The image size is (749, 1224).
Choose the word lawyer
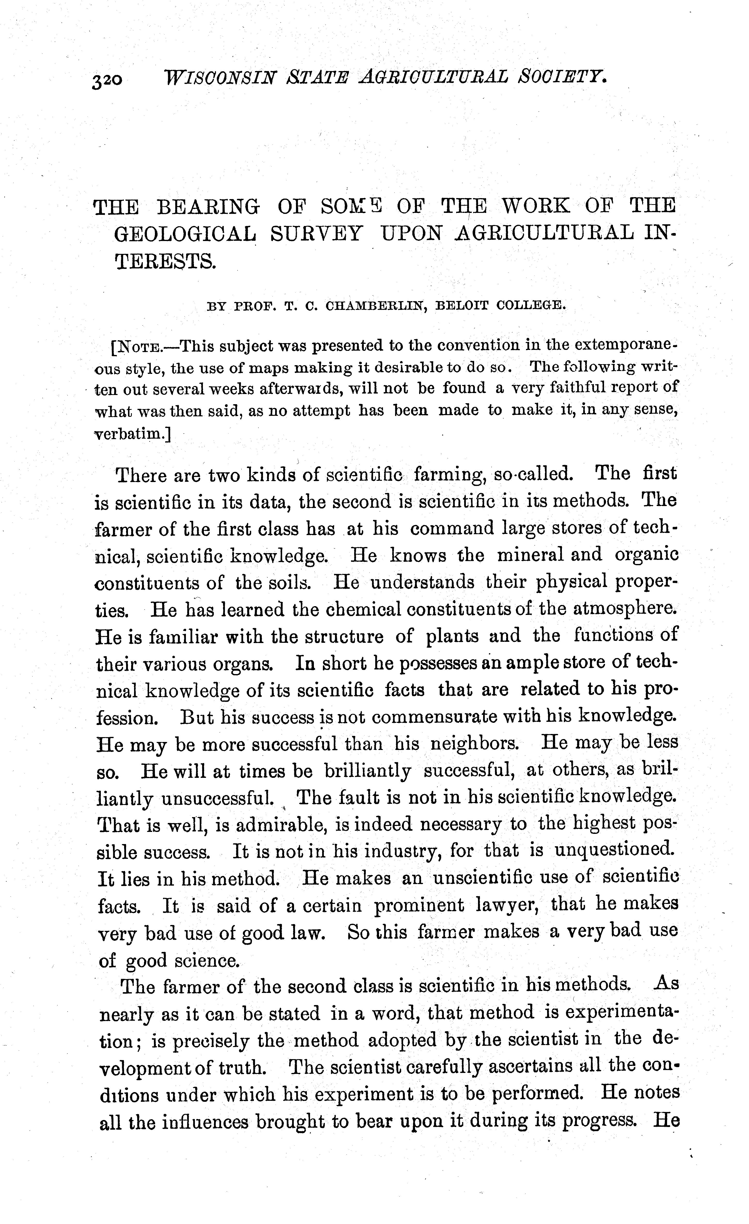(507, 906)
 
